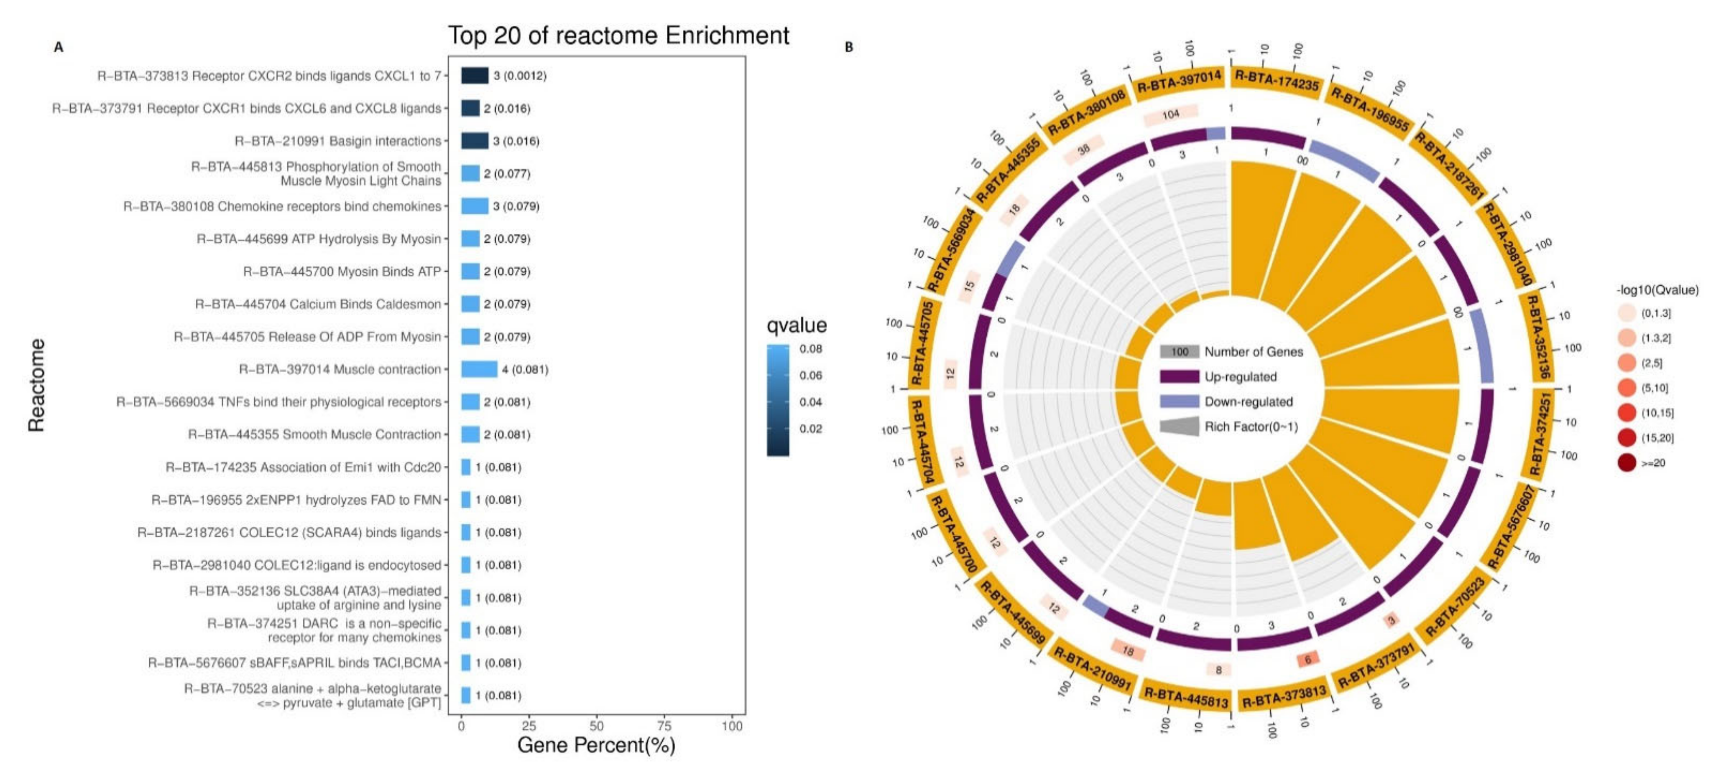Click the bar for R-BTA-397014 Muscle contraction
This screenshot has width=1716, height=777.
coord(479,369)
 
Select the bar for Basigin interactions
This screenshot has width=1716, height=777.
coord(474,140)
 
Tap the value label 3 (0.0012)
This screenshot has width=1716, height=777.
coord(520,76)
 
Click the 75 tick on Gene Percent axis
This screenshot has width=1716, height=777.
coord(664,725)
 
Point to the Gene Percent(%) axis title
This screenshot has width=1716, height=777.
coord(596,745)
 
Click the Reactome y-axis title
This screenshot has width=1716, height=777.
coord(37,385)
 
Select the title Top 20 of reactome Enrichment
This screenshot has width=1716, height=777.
coord(618,35)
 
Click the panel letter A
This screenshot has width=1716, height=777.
coord(59,47)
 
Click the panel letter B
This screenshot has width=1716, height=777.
coord(849,47)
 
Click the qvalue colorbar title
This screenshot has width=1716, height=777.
coord(797,325)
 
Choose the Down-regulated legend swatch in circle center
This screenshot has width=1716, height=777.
coord(1179,401)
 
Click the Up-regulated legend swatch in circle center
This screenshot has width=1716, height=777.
coord(1179,377)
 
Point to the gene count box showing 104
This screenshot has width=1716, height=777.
coord(1170,114)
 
